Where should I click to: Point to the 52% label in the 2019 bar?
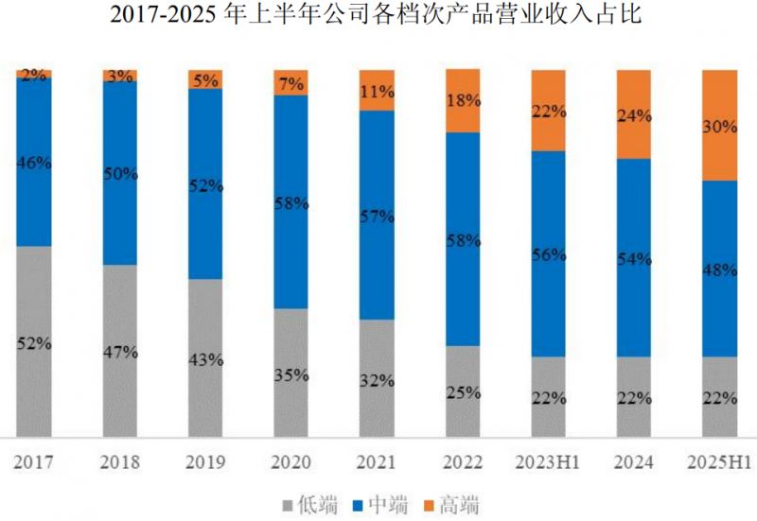tap(205, 186)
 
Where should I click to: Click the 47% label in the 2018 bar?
tap(120, 352)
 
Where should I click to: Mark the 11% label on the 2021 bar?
tap(377, 92)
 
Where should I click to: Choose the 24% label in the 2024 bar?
tap(633, 116)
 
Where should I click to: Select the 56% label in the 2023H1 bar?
tap(548, 253)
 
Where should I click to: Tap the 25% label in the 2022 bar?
tap(463, 391)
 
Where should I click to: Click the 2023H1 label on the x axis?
tap(548, 463)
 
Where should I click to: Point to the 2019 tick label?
tap(205, 463)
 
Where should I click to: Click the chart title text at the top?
tap(378, 16)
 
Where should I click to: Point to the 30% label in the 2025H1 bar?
tap(719, 127)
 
